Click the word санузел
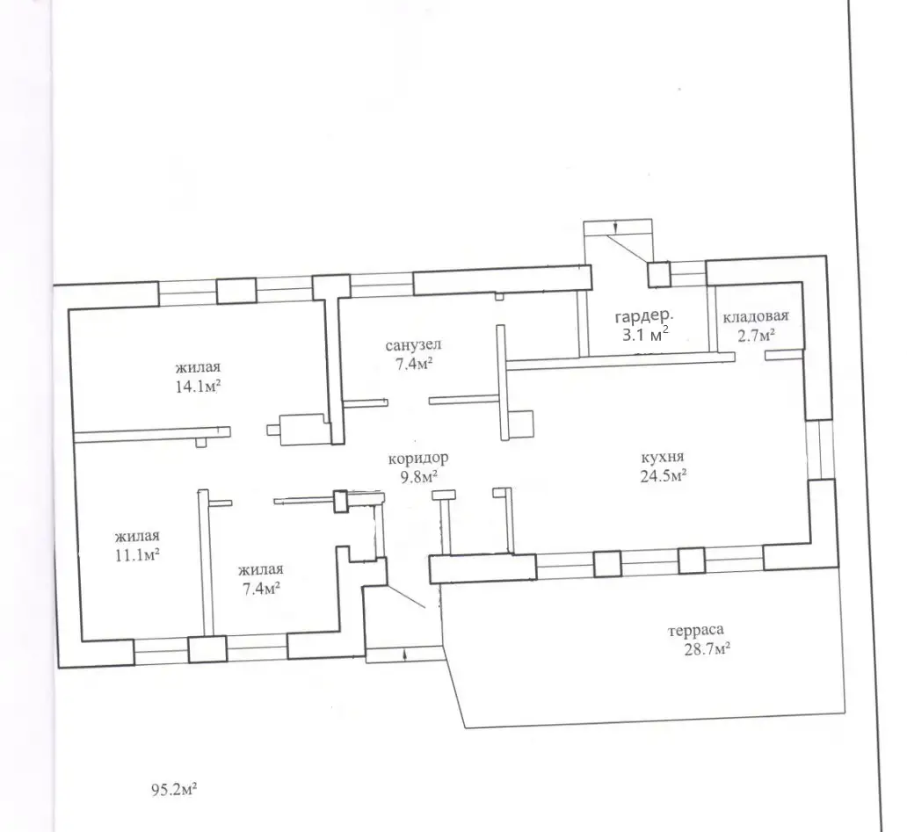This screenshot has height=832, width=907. click(413, 345)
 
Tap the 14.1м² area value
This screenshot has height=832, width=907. click(198, 387)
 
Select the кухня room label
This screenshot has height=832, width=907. click(663, 458)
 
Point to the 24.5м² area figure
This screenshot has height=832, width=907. click(663, 476)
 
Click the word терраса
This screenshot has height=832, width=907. click(696, 630)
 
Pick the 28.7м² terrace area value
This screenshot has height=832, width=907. click(707, 649)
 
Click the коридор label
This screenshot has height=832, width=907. click(417, 459)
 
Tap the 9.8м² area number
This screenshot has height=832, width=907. click(418, 477)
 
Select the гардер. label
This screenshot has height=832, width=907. click(644, 316)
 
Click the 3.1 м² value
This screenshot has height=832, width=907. click(645, 334)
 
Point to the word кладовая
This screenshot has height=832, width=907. click(756, 316)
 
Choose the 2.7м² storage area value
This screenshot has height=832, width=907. click(756, 336)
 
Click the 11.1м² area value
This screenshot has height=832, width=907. click(137, 555)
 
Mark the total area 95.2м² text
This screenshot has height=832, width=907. click(174, 789)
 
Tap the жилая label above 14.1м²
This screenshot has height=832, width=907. click(198, 367)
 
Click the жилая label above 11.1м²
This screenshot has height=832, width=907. click(137, 536)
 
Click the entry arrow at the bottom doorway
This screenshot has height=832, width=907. click(404, 655)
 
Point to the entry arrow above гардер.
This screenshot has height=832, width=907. click(615, 228)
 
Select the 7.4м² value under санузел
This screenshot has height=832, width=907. click(413, 365)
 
